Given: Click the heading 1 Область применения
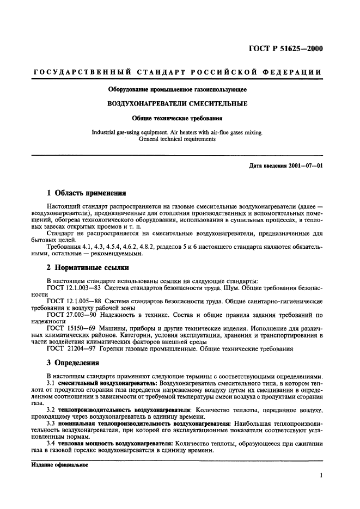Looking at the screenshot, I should [x=87, y=193].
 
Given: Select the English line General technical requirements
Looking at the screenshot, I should [x=177, y=139].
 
